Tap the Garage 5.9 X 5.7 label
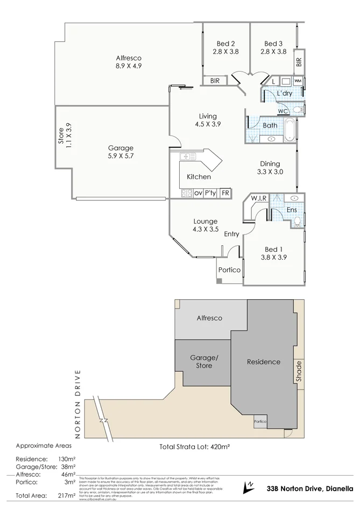tap(121, 152)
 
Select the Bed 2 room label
tap(226, 48)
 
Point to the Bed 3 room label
tap(273, 48)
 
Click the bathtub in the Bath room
tap(290, 130)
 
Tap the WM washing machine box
tap(298, 81)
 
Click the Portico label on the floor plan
tap(229, 270)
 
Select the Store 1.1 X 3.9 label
tap(65, 137)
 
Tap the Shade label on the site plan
tap(299, 371)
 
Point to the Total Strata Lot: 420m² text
tap(195, 447)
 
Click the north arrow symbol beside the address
tap(248, 486)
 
